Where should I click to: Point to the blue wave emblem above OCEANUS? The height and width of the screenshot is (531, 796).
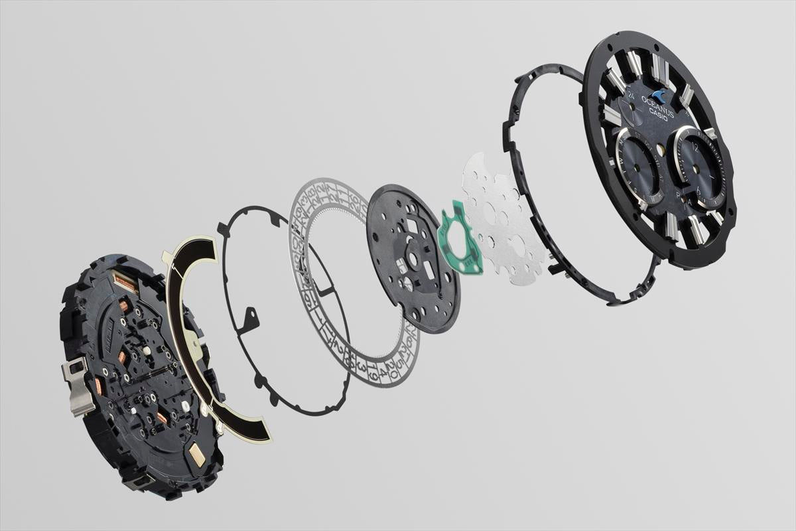pyautogui.click(x=661, y=94)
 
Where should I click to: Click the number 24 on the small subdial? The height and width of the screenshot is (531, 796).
pyautogui.click(x=628, y=98)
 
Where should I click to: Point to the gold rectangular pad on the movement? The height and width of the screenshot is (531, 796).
pyautogui.click(x=196, y=453)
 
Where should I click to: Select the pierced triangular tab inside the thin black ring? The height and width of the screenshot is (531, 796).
pyautogui.click(x=251, y=319)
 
